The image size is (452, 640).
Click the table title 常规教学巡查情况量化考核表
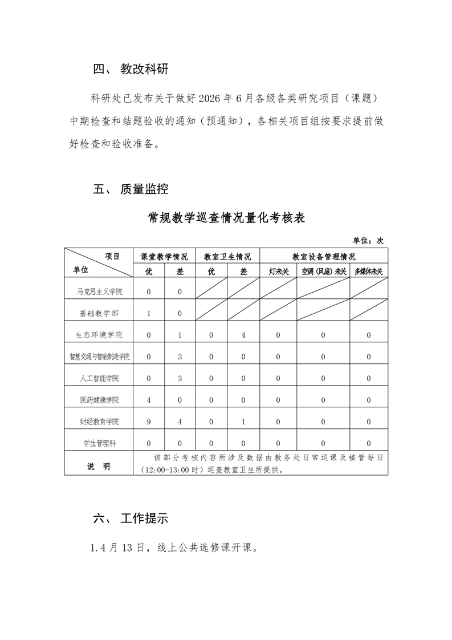(x=226, y=218)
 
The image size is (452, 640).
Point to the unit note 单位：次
(x=368, y=241)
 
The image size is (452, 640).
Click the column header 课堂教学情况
(x=164, y=257)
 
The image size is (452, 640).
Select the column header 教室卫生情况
(x=227, y=257)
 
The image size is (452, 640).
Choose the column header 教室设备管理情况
(x=323, y=257)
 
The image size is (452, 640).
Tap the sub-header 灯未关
(x=278, y=272)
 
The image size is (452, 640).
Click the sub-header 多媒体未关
(x=368, y=272)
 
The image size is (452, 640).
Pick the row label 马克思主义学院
(x=100, y=292)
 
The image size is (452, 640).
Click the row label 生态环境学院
(x=100, y=335)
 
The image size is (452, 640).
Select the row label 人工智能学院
(x=100, y=378)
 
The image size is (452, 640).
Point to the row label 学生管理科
(x=100, y=443)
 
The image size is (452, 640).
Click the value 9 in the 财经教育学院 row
(x=149, y=422)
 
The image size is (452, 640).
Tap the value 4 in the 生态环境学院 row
(x=243, y=335)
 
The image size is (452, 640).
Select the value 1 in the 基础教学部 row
(x=149, y=314)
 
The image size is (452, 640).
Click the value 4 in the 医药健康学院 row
(x=149, y=400)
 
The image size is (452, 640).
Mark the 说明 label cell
(x=99, y=466)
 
